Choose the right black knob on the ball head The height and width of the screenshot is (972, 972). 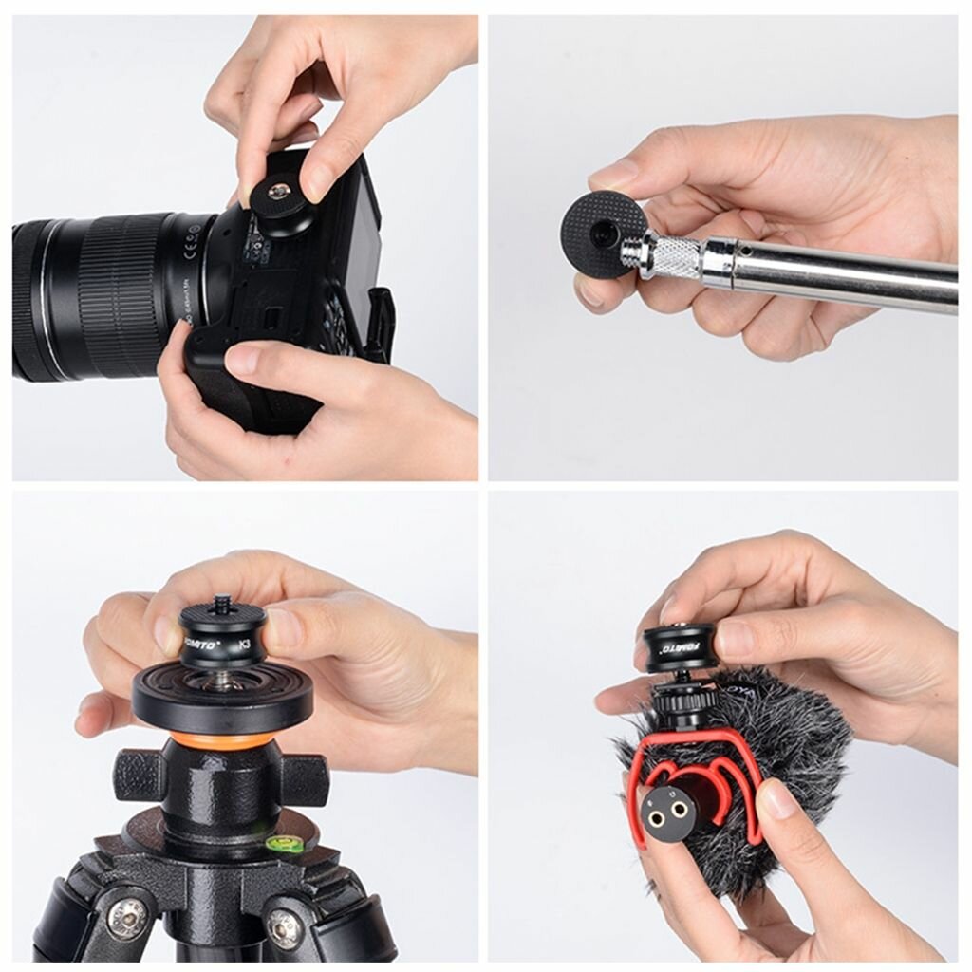pos(305,776)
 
